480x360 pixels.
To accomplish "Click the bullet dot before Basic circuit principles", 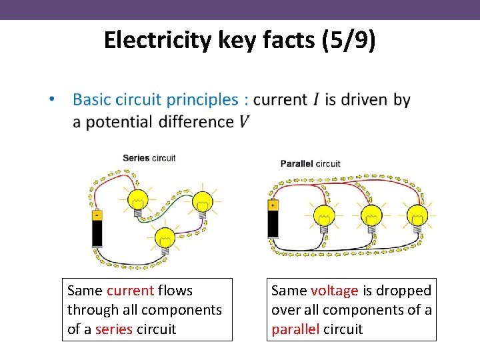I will point(51,100).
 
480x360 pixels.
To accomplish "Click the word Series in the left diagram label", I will point(136,158).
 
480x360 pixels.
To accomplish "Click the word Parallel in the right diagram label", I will point(296,163).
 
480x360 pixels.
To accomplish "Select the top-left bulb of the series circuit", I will point(138,200).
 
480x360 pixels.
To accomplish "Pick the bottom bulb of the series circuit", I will point(164,238).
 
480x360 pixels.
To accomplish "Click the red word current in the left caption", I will point(130,291).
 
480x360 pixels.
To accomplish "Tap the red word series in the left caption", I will point(114,329).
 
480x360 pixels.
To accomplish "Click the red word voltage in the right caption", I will point(334,291).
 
